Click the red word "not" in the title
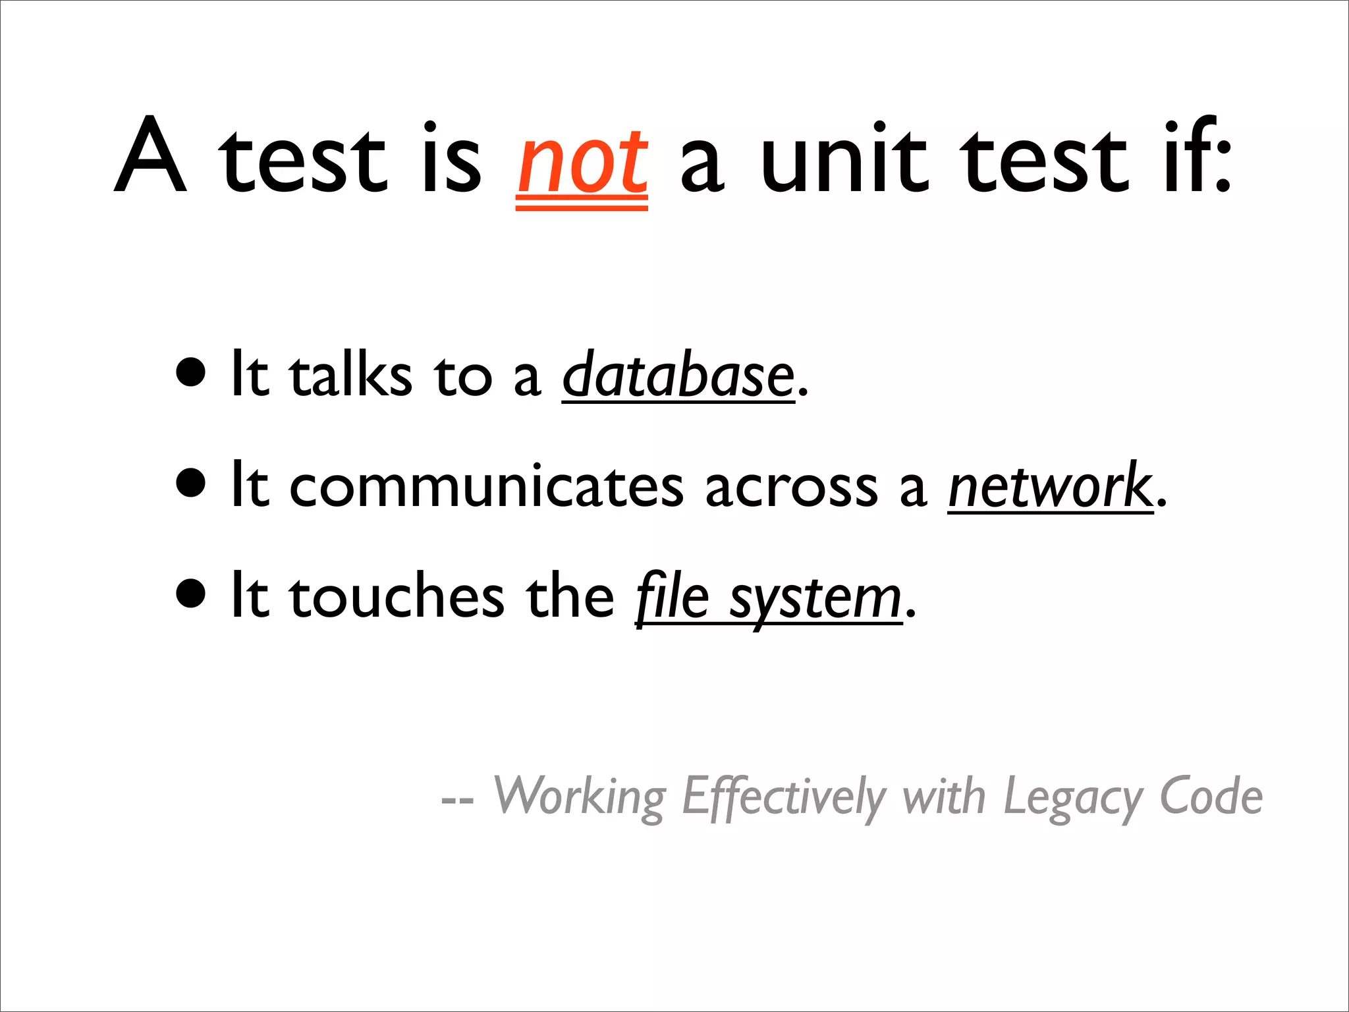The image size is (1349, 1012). (x=582, y=161)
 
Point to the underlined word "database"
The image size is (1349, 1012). (x=678, y=376)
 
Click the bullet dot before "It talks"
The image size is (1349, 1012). (x=191, y=374)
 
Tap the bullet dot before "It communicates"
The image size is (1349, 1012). (x=191, y=484)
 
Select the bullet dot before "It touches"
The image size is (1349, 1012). (x=191, y=594)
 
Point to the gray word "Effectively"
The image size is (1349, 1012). (x=783, y=797)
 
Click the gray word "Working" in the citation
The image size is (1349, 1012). (x=580, y=797)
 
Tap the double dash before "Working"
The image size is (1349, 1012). (x=457, y=801)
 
